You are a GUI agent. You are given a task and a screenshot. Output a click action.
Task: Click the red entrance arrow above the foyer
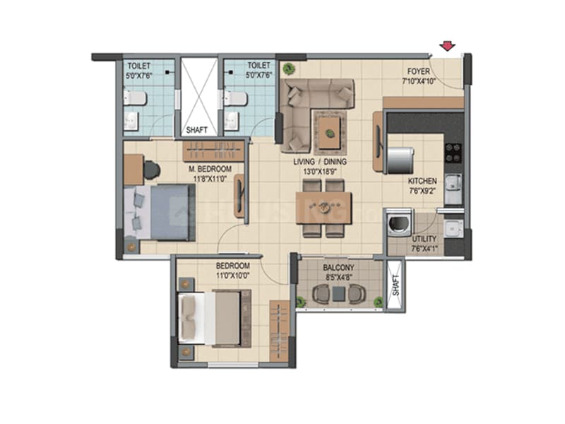[446, 47]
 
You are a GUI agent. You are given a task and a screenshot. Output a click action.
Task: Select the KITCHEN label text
[422, 181]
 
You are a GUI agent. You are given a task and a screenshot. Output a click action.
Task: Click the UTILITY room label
[424, 240]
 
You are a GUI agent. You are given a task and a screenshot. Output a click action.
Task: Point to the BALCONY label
[338, 268]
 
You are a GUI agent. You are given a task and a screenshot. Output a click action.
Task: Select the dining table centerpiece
[324, 207]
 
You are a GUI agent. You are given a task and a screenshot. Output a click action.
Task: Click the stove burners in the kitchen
[453, 153]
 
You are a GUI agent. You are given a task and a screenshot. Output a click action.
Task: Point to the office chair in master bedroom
[152, 170]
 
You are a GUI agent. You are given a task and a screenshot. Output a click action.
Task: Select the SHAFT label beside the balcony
[395, 285]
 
